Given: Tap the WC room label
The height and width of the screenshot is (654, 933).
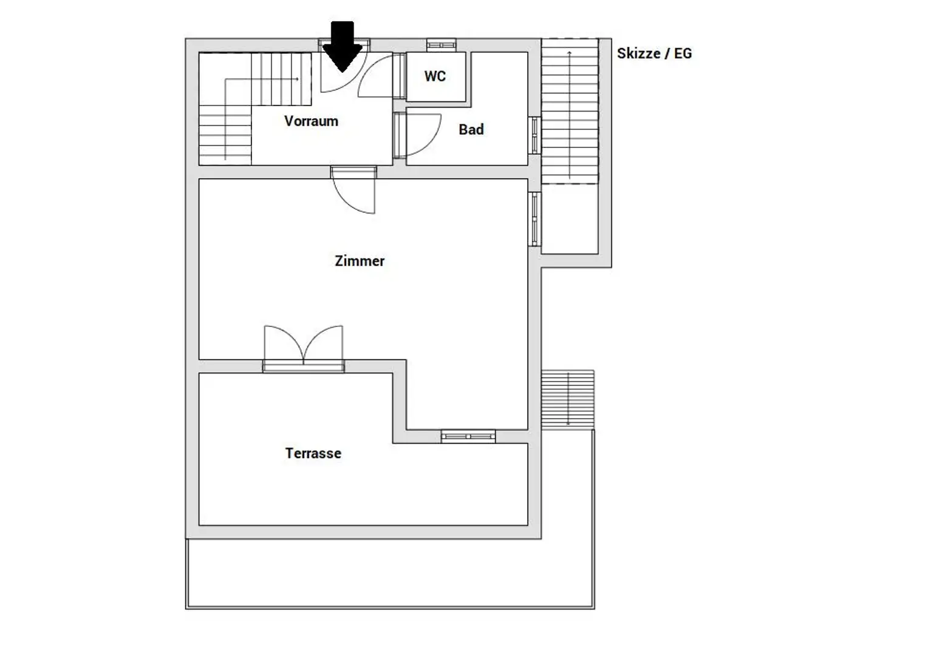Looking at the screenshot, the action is [435, 76].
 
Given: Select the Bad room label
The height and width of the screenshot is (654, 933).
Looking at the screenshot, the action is [471, 129].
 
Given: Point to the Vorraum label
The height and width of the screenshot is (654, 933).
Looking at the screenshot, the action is [311, 121].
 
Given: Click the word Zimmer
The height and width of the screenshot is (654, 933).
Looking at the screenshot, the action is [360, 261].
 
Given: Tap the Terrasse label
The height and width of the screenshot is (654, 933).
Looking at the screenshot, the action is [313, 453].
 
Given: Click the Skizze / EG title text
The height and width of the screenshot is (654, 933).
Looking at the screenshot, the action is [654, 53].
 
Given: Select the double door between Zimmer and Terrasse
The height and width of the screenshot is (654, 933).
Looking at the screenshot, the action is [304, 349].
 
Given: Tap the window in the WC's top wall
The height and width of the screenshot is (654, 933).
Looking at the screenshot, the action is [441, 44].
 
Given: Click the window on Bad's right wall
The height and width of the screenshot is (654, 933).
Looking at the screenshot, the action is [535, 135].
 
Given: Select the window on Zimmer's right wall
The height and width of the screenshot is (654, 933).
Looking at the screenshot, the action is [535, 219].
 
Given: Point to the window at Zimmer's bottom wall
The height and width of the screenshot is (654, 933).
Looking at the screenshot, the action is [468, 436].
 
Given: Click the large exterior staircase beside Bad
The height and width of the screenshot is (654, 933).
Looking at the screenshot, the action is [569, 111].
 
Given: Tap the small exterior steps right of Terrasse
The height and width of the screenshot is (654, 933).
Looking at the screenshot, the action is [568, 399].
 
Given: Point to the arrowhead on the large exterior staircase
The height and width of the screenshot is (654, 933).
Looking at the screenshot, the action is [569, 52].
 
